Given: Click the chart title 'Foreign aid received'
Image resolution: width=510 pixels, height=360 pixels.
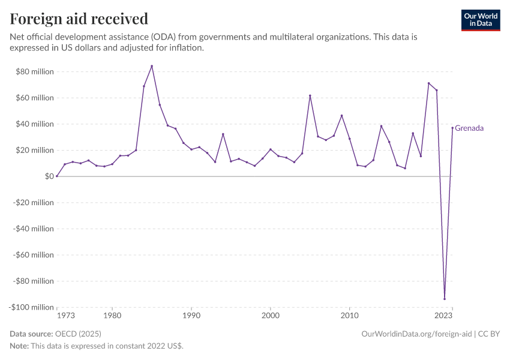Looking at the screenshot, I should coord(79,19).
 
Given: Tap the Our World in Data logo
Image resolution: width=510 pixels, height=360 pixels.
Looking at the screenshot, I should coord(480,20).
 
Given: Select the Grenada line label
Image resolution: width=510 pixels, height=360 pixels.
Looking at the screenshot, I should coord(469,128).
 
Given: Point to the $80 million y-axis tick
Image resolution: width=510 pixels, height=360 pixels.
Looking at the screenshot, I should coord(35,72).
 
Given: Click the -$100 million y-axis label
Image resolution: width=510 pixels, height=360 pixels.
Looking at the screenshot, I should coord(32,307).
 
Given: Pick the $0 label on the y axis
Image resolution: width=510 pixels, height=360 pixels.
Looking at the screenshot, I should coord(49,176).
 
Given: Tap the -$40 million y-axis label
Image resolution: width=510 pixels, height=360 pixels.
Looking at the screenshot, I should coord(34,229).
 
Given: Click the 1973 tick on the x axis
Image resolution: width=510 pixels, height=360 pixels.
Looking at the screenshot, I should coord(65,315).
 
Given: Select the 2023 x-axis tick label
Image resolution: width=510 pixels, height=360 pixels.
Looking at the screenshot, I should coord(444,315).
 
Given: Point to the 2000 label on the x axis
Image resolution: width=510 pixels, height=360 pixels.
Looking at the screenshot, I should coord(271,315).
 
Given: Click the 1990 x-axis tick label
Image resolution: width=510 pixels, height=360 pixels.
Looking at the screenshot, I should coord(191,315).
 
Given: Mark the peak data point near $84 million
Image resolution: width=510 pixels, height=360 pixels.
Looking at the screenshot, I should coord(152,66).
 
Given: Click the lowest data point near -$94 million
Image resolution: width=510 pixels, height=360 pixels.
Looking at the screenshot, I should coord(445,299).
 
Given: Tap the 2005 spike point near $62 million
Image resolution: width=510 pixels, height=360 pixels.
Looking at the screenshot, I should coord(310,95).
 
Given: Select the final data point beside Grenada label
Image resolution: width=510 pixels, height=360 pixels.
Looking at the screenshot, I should coord(452,128).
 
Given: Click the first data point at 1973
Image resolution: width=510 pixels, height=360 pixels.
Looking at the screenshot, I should coord(57,176).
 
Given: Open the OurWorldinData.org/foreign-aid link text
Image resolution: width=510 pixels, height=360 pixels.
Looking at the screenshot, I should coord(417,334).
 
